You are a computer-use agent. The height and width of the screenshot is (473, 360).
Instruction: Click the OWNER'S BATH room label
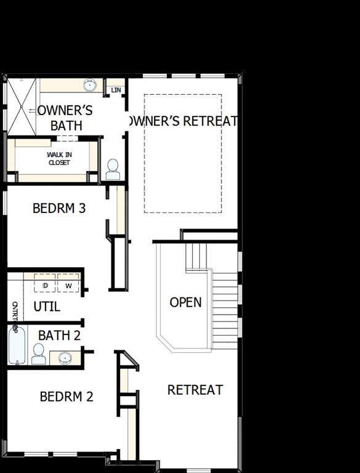point(65,118)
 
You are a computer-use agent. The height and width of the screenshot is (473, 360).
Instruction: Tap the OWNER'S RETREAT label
point(182,121)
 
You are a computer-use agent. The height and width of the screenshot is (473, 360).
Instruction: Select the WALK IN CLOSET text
point(59,159)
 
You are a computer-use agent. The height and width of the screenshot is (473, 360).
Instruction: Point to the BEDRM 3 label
point(59,208)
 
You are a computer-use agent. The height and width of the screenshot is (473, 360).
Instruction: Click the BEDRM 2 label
point(66,397)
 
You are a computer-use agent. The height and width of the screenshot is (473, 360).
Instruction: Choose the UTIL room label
point(47,306)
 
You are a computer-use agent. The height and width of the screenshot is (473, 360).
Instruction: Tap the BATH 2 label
point(60,336)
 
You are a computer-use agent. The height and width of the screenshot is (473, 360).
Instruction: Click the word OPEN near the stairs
point(185,302)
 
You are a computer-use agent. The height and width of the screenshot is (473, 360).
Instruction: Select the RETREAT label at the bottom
point(195,390)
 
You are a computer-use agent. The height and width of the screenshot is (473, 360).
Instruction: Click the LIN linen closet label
point(116,91)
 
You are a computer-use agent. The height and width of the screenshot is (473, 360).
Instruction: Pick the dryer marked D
point(45,285)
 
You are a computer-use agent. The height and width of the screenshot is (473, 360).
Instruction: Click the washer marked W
point(68,285)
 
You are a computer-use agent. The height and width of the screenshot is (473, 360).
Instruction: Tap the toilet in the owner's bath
point(113,169)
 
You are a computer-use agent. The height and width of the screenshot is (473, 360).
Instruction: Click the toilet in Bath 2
point(39,354)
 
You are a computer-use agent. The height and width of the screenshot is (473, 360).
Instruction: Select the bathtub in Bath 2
point(17,346)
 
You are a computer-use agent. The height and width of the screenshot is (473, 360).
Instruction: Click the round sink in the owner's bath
point(90,85)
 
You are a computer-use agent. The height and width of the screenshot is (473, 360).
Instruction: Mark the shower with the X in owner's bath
point(22,107)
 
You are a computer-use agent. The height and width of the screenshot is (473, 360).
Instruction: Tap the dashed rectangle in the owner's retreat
point(183,153)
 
